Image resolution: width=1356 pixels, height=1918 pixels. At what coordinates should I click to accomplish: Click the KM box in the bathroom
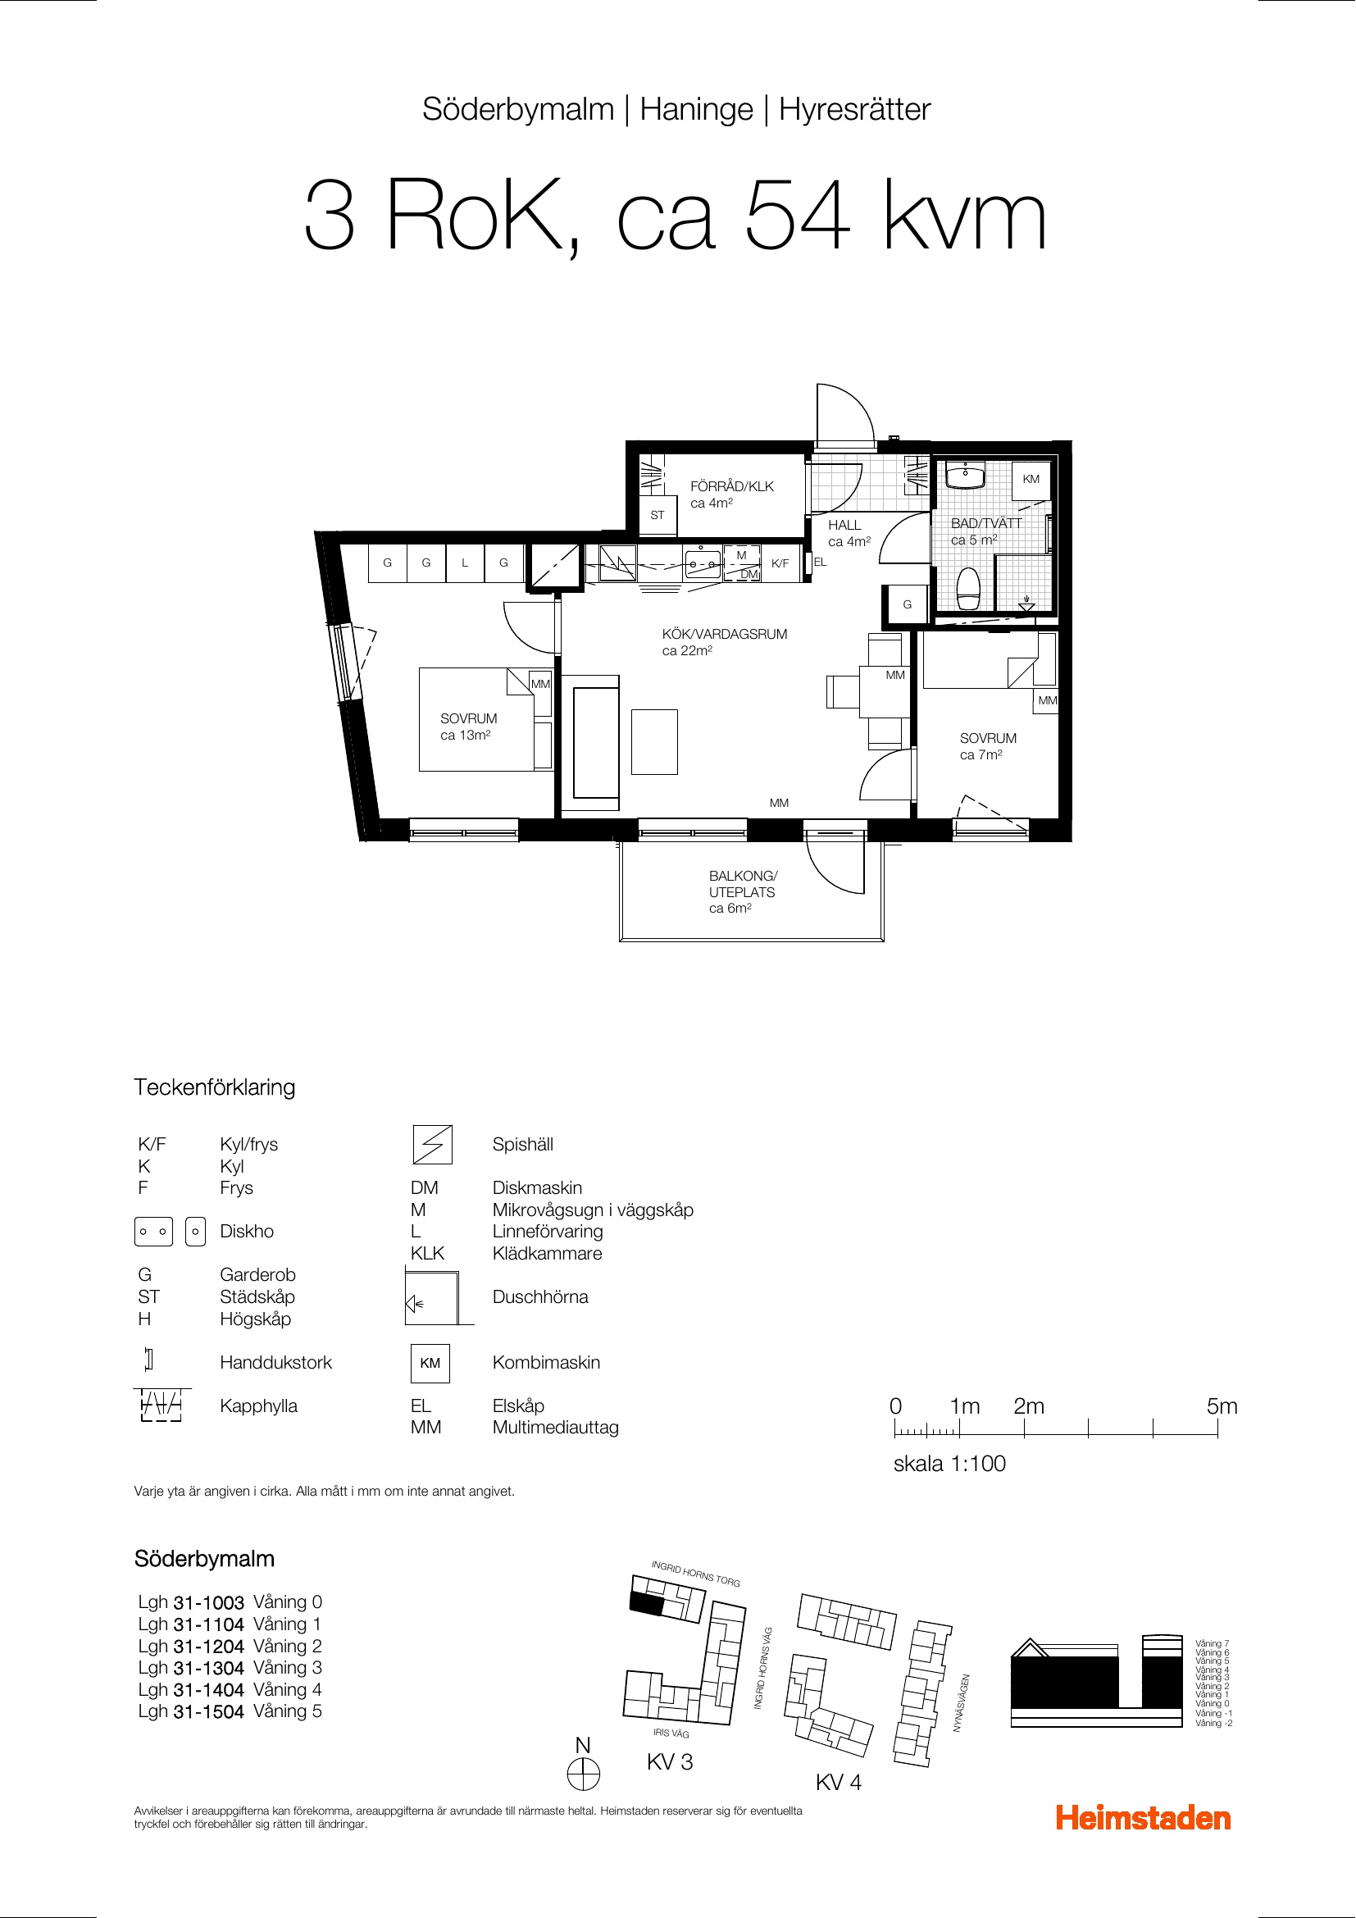point(1031,480)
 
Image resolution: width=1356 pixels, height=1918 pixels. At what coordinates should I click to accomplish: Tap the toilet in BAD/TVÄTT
point(968,589)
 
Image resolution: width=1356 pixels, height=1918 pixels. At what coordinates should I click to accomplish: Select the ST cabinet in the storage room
point(658,516)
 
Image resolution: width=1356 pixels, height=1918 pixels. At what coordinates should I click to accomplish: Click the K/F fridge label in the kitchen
point(780,564)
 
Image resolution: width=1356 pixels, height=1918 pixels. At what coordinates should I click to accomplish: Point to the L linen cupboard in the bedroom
point(465,563)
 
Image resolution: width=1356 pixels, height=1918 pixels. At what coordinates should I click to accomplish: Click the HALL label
point(844,526)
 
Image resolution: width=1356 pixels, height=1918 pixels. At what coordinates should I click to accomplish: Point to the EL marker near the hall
point(821,563)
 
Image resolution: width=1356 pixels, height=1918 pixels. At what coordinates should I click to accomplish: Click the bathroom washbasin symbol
point(965,476)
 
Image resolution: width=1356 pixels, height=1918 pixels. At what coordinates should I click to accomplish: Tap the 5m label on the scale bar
point(1222,1407)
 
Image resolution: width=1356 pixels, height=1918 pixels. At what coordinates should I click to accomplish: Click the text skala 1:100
point(949,1464)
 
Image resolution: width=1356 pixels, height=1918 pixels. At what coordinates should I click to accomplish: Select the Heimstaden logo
point(1143,1818)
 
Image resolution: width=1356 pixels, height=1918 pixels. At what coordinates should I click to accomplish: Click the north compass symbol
point(584,1774)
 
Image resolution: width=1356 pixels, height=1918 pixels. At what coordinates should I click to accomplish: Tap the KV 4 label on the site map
point(839,1783)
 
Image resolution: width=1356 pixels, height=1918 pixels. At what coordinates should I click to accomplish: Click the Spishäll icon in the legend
point(433,1145)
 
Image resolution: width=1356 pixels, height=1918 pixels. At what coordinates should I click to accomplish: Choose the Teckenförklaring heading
point(215,1087)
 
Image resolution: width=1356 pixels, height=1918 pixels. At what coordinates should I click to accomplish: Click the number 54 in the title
point(798,216)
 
